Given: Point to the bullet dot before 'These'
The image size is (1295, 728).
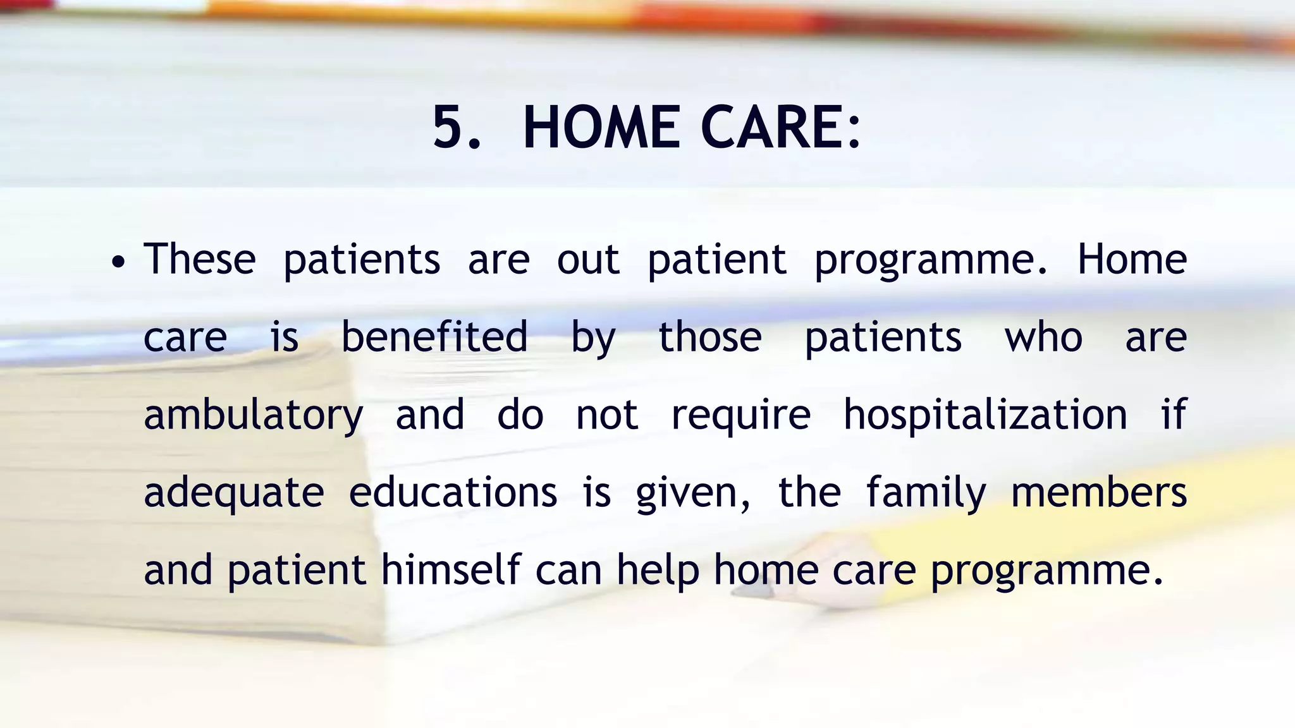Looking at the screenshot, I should coord(118,261).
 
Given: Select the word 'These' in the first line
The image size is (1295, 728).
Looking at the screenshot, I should coord(200,259).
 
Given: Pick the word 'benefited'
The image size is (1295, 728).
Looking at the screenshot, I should coord(434,337).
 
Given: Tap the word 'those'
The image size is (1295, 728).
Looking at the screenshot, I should coord(710,337).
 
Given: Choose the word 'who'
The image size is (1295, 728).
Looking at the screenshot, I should coord(1043,337).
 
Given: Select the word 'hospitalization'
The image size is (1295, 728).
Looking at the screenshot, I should coord(985,415).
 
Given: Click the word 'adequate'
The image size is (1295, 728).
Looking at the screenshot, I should coord(234,493).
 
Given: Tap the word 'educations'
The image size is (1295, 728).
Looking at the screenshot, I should coord(453,492).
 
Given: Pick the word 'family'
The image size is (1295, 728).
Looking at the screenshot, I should coord(926,493).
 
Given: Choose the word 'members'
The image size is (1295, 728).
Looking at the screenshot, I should coord(1099,492).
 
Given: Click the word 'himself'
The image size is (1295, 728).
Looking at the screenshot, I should coord(451,569).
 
